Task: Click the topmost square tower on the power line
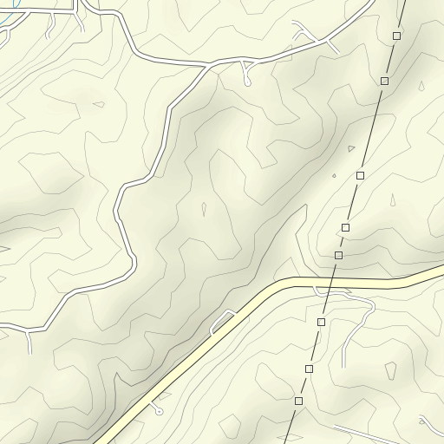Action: click(x=396, y=36)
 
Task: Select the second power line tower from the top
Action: click(x=384, y=81)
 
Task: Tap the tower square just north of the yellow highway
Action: click(x=338, y=255)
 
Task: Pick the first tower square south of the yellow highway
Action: click(x=321, y=322)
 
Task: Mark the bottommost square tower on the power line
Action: click(x=298, y=401)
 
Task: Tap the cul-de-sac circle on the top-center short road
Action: click(x=248, y=83)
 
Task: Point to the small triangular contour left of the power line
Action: click(x=351, y=149)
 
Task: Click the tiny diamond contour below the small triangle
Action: click(x=334, y=176)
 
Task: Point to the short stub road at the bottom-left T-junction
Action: click(x=31, y=342)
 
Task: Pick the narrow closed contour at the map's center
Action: click(x=204, y=209)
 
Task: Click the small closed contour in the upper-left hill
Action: click(x=98, y=105)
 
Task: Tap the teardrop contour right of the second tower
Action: click(x=421, y=86)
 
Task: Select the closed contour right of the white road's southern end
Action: click(x=390, y=370)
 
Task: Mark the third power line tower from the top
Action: click(x=360, y=175)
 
